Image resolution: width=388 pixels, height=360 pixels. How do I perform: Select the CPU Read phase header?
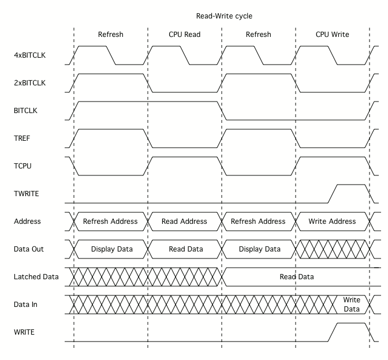[184, 35]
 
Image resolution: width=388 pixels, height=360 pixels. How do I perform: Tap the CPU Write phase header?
[332, 35]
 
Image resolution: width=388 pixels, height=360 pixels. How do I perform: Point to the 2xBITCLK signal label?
[30, 83]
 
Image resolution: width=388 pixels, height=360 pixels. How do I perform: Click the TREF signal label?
[23, 138]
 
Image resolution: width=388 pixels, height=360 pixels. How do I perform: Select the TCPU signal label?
[23, 166]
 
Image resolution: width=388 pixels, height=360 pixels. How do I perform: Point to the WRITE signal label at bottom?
[25, 332]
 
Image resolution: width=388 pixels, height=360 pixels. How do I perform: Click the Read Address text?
[185, 222]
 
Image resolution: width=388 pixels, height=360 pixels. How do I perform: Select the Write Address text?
[333, 222]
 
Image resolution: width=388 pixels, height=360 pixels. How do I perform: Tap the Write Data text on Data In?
[352, 305]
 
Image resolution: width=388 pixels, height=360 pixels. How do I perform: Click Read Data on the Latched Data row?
[297, 277]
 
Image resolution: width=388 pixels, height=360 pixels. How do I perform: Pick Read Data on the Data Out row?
[185, 249]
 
